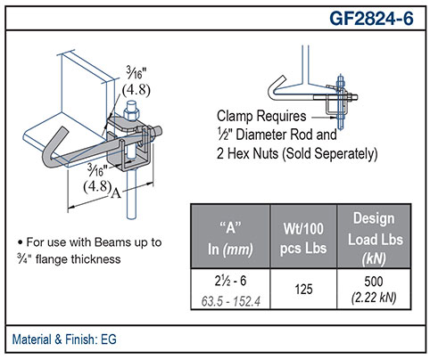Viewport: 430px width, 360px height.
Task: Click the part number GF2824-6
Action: point(371,18)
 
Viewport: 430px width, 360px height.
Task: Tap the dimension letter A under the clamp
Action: point(116,193)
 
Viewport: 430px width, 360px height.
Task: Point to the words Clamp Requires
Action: point(261,116)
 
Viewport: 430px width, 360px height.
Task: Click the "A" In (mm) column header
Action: point(230,239)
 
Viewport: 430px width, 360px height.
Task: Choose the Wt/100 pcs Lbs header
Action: point(303,239)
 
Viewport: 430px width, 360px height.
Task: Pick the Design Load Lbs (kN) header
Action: point(375,239)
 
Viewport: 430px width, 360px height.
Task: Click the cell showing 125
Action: point(303,289)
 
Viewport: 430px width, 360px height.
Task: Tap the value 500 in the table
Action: point(374,281)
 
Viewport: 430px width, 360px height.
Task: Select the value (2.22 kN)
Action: point(374,298)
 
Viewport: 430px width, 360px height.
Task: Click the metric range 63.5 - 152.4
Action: point(230,301)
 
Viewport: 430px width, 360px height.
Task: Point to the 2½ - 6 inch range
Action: point(230,281)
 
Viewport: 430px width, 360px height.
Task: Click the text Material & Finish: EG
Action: point(64,340)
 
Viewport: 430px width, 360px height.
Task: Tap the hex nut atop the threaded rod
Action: point(132,114)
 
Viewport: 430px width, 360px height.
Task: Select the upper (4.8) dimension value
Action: point(136,89)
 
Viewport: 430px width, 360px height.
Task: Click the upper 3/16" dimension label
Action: point(136,73)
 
